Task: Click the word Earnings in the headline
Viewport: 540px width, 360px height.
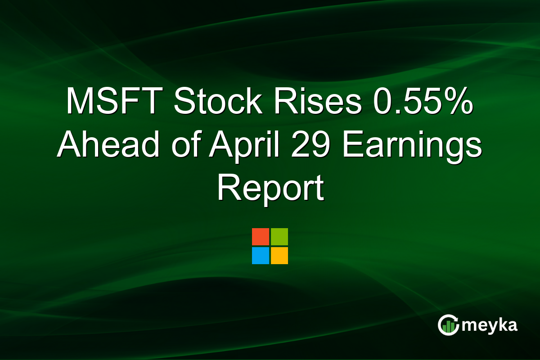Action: [412, 145]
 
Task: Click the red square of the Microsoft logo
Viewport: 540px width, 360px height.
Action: [260, 237]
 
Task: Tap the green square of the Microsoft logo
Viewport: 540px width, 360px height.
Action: [279, 237]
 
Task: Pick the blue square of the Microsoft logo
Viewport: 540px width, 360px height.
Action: [260, 256]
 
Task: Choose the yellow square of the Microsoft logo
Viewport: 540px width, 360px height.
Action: [279, 256]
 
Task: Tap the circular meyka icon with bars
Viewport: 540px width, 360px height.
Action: [448, 325]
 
